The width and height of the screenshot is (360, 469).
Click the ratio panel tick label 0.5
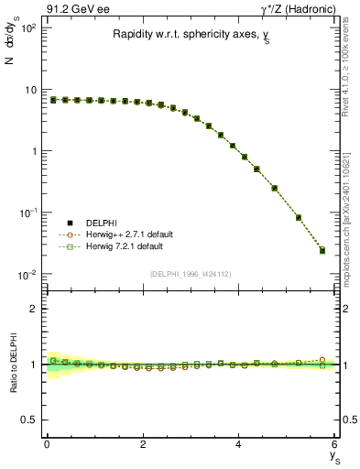tap(28, 420)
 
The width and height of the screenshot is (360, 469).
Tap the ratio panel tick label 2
tap(33, 309)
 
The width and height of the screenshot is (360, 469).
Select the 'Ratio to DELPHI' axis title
tap(11, 364)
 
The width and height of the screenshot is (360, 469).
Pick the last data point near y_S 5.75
tap(322, 250)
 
